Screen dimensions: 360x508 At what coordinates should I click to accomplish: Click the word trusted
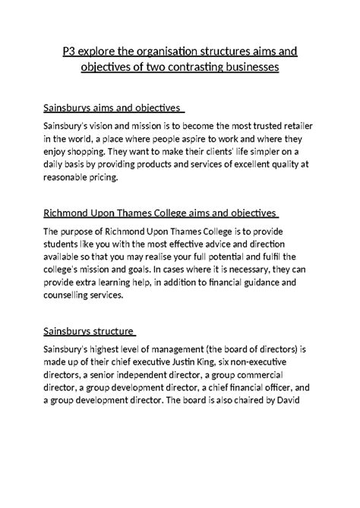(270, 125)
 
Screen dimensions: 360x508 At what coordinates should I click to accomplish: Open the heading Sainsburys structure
(90, 331)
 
